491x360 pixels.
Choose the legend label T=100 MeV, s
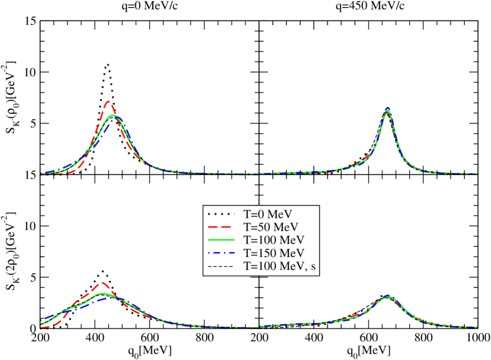pos(280,265)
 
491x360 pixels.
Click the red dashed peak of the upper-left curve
pos(109,102)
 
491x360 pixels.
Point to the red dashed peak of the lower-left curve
pos(102,283)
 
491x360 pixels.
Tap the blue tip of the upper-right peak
pos(387,108)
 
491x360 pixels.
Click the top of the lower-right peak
pos(387,296)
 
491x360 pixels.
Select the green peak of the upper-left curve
pos(113,116)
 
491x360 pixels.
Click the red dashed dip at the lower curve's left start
pos(45,327)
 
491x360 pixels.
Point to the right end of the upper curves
pos(476,174)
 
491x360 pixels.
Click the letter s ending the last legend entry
pos(313,266)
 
